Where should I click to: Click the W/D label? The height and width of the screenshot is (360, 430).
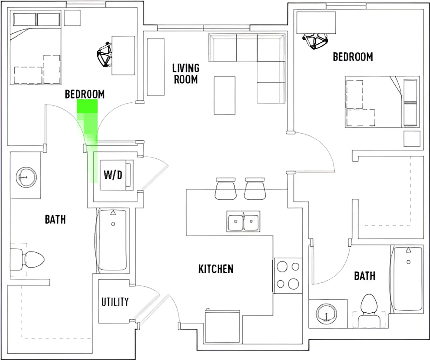(113, 175)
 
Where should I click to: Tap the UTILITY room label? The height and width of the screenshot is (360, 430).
(115, 302)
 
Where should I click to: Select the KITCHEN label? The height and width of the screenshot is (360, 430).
(216, 269)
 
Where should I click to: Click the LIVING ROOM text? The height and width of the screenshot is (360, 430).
(186, 74)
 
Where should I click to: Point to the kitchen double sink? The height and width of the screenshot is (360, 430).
(243, 221)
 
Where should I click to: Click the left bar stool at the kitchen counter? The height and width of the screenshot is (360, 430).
(226, 189)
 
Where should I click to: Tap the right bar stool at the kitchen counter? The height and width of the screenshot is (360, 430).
(255, 189)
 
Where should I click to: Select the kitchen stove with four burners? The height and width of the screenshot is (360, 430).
(288, 276)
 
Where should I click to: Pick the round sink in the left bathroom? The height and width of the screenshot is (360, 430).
(26, 177)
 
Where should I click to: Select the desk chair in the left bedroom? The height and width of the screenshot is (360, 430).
(105, 55)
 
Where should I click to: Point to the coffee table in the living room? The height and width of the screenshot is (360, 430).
(225, 96)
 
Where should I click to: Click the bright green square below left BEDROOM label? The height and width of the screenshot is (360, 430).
(87, 106)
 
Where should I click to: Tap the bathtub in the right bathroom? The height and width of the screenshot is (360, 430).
(407, 279)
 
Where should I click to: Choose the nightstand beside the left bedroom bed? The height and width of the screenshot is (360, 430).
(72, 18)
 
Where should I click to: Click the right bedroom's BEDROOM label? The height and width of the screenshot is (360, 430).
(353, 57)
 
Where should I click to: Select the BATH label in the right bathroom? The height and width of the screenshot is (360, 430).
(365, 276)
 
